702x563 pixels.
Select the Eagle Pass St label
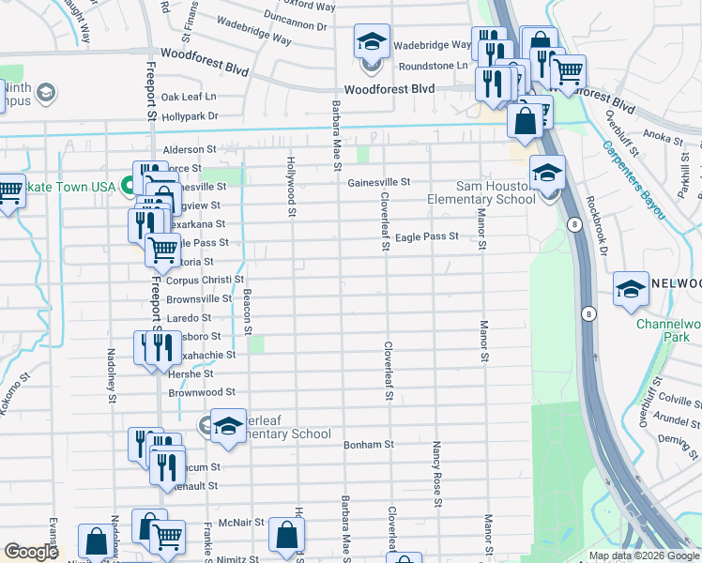426,237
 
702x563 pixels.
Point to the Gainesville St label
379,182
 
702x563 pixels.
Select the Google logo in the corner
31,552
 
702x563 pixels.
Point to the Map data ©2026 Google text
644,555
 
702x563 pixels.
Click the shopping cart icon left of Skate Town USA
8,192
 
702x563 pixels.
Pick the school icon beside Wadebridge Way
372,42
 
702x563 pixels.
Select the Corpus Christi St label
205,280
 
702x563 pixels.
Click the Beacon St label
248,312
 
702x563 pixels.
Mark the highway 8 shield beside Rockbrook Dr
572,223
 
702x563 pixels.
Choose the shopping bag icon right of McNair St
286,536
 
